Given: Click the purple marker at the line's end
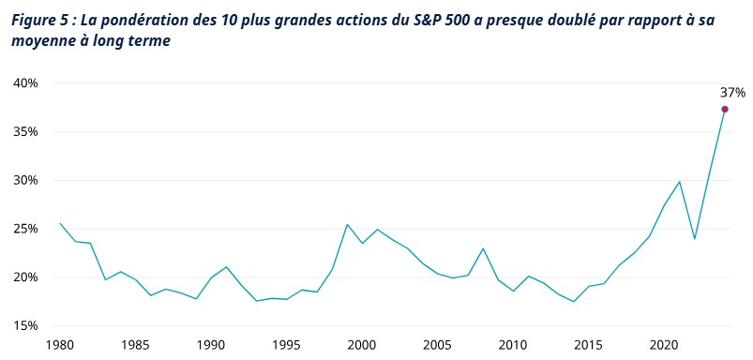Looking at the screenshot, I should (725, 110).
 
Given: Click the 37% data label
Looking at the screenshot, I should (732, 92).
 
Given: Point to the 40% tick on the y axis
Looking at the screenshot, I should (25, 83).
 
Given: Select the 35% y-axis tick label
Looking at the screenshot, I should (25, 132).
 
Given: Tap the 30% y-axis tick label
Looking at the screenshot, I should (25, 180).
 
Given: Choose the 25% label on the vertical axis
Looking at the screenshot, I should (25, 229).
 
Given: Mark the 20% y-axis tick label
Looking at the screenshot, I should (25, 277).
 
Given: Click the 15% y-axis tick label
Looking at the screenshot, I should (25, 325).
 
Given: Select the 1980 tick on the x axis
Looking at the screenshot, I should (60, 345).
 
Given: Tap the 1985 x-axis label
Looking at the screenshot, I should (135, 345).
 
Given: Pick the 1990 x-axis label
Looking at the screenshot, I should (211, 345).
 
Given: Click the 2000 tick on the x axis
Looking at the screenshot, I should (362, 345).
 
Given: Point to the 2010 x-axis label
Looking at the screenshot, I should (513, 345).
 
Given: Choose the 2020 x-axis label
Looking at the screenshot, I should (664, 345).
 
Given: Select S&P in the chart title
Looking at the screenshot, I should (423, 19).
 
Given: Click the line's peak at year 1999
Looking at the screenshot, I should (347, 224).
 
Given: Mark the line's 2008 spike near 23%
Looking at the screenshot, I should (483, 248).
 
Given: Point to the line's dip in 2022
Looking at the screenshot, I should (694, 239).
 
